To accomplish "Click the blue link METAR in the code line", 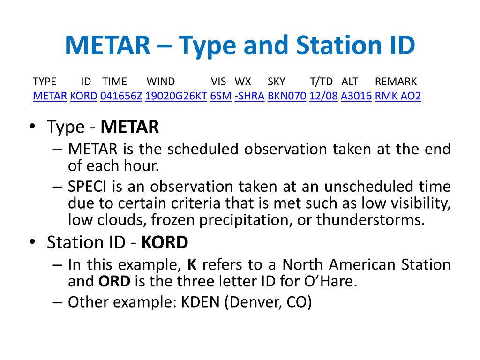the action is (50, 96).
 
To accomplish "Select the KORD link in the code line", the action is (83, 96).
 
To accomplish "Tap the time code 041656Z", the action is (121, 96).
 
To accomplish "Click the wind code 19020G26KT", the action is (176, 96).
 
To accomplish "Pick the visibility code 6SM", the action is (221, 96).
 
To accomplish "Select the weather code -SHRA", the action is (249, 96).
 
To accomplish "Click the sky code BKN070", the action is (287, 96).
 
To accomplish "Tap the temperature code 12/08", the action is (323, 96).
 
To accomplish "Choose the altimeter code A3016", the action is (356, 96).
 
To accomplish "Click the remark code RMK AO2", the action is (397, 96).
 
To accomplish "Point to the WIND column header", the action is (161, 82).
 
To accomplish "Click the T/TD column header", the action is (321, 82).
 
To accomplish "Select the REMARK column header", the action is (396, 82).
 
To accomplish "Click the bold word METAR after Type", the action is (130, 127).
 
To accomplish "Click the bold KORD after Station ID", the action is (165, 242).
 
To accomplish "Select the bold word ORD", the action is (114, 281).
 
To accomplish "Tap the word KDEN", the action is (201, 302).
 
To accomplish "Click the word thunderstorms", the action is (371, 220).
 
